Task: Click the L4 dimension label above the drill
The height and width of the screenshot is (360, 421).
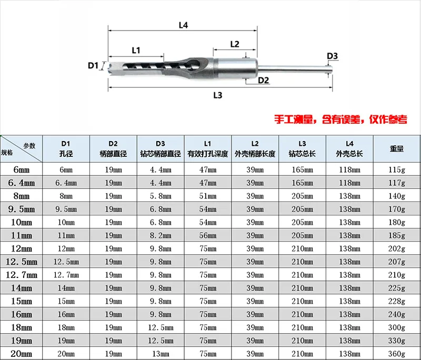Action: pyautogui.click(x=183, y=24)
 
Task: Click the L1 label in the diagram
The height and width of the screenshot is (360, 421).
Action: pyautogui.click(x=136, y=51)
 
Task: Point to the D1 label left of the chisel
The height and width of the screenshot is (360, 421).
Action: pyautogui.click(x=93, y=66)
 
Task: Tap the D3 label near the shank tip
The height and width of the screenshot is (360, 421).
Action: pyautogui.click(x=332, y=56)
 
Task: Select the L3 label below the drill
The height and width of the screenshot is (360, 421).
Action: pyautogui.click(x=217, y=95)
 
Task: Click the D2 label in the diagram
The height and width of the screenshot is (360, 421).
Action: pyautogui.click(x=263, y=80)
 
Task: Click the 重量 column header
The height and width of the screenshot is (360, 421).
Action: pyautogui.click(x=397, y=149)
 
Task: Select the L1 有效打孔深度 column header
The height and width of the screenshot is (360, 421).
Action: pyautogui.click(x=208, y=149)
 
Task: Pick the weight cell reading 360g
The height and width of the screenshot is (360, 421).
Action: pyautogui.click(x=397, y=354)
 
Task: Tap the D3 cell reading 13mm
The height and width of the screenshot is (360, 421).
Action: pyautogui.click(x=161, y=354)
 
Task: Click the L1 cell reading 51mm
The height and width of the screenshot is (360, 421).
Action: pyautogui.click(x=208, y=196)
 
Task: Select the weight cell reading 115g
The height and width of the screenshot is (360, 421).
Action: pyautogui.click(x=397, y=169)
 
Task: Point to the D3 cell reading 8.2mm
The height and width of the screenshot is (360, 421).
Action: pyautogui.click(x=161, y=235)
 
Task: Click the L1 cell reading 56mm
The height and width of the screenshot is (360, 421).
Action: pyautogui.click(x=208, y=235)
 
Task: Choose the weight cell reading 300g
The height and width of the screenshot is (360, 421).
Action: pyautogui.click(x=397, y=327)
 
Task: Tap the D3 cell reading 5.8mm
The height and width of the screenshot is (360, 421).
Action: pyautogui.click(x=161, y=196)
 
